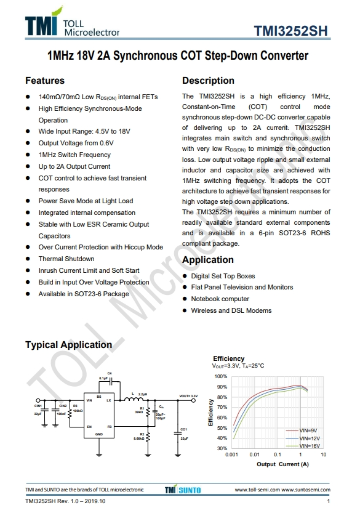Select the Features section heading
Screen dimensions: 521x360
[x=45, y=81]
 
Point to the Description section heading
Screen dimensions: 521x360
[x=208, y=81]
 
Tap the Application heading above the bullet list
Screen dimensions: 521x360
[x=208, y=260]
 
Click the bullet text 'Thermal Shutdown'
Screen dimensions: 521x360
[x=66, y=259]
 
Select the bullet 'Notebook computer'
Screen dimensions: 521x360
[x=220, y=299]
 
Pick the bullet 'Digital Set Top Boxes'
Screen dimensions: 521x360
[x=223, y=276]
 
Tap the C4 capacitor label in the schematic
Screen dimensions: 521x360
[x=110, y=373]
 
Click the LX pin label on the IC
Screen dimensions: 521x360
[x=109, y=400]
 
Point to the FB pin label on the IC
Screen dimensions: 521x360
[x=109, y=426]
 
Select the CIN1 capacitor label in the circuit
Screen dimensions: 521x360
[x=38, y=406]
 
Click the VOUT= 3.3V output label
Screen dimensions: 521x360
[x=188, y=395]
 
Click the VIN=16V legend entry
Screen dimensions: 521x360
[x=308, y=445]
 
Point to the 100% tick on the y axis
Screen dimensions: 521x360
[x=221, y=376]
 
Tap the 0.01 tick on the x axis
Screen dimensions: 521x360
[x=254, y=454]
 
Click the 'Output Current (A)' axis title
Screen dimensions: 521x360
[x=282, y=464]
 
